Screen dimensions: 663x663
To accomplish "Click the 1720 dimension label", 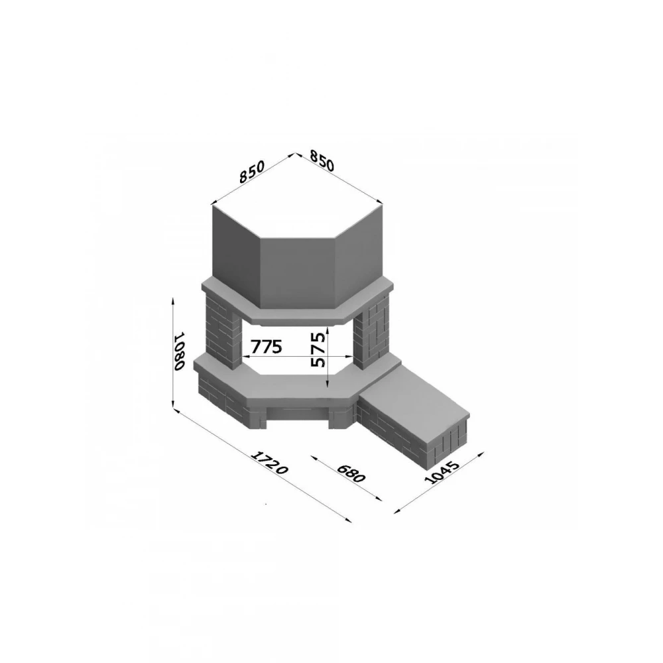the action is (270, 463).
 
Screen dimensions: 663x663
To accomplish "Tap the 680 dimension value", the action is (351, 473).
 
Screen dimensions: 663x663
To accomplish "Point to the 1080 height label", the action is (180, 351).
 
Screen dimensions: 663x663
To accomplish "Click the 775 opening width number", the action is (267, 347).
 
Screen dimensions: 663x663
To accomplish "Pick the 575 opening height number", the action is (318, 349).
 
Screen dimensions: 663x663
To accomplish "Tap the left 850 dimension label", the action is (252, 172).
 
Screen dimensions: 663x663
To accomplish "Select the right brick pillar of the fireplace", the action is (371, 332).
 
